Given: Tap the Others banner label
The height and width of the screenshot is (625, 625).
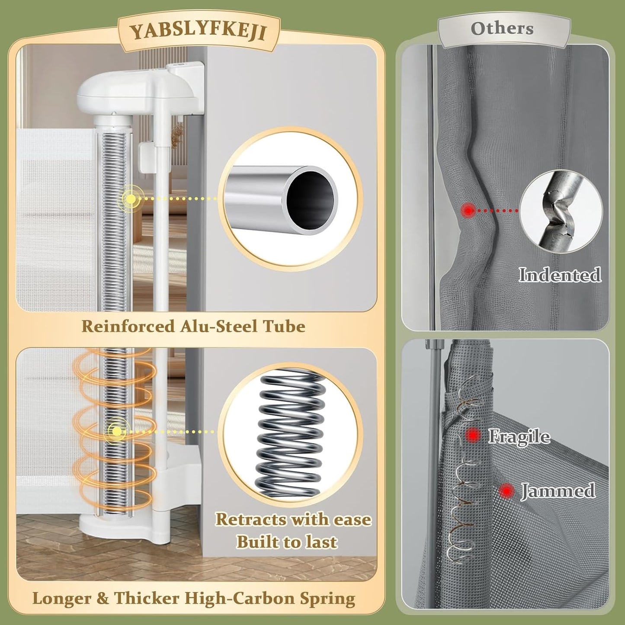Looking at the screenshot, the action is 502,29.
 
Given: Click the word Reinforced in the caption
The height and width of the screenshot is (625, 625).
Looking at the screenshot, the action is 128,326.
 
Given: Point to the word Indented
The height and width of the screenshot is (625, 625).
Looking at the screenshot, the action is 560,274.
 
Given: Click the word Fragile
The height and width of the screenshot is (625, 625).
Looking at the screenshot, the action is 519,436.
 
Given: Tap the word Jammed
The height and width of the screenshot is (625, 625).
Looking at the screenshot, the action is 558,490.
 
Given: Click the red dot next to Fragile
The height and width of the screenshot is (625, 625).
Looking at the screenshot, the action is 473,434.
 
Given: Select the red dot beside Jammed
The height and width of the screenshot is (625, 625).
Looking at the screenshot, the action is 506,491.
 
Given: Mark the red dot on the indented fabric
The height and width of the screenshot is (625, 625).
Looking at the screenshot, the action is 468,210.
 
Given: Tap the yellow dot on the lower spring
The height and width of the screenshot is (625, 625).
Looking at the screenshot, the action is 117,431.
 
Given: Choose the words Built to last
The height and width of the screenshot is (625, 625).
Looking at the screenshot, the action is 287,542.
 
